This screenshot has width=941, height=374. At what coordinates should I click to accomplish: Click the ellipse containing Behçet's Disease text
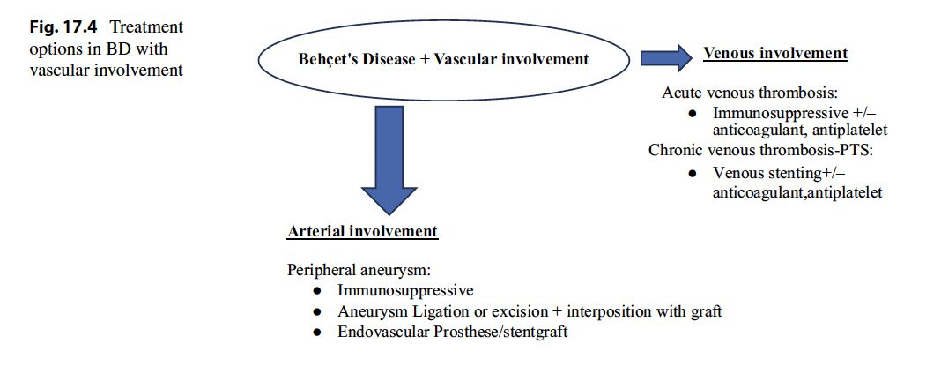[x=443, y=60]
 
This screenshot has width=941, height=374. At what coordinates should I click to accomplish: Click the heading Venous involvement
[x=775, y=54]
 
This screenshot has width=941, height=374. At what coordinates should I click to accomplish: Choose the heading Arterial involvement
[x=362, y=232]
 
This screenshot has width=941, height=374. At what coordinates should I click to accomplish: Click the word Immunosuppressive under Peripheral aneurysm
[x=405, y=289]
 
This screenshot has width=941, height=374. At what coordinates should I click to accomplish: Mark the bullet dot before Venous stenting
[x=693, y=174]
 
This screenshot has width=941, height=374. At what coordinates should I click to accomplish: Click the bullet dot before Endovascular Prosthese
[x=317, y=333]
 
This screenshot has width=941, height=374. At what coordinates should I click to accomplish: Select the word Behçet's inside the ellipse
[x=329, y=60]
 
